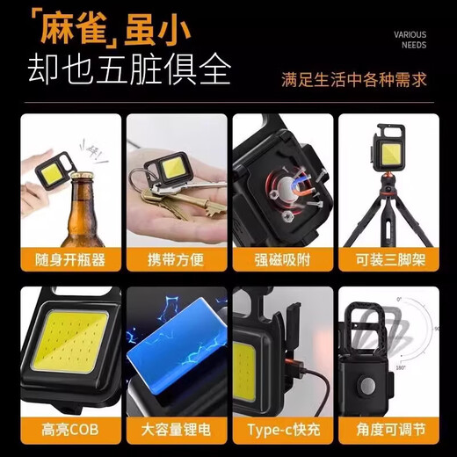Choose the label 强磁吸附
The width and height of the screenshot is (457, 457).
pos(281,259)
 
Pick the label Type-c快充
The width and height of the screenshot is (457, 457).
pos(281,432)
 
